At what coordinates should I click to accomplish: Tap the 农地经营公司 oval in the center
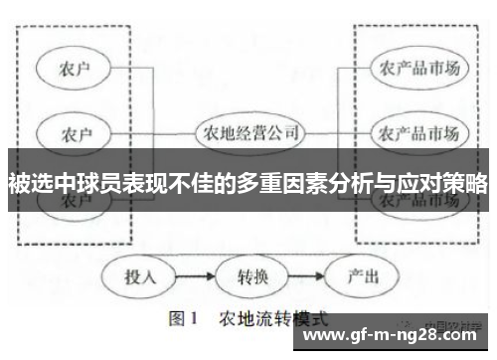click(x=249, y=131)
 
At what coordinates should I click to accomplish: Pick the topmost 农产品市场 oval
click(x=418, y=69)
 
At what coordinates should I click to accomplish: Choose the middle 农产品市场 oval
click(x=418, y=131)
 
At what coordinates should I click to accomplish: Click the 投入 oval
click(x=140, y=276)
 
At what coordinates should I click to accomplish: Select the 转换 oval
click(x=251, y=276)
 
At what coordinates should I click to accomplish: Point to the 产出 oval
click(x=358, y=276)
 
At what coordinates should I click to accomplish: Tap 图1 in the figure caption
click(x=185, y=320)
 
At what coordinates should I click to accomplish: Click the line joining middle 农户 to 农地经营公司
click(x=154, y=131)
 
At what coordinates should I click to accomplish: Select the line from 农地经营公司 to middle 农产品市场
click(x=338, y=131)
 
